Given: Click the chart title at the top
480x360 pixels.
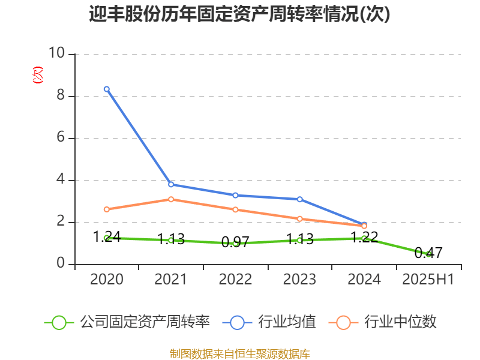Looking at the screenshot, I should [239, 14].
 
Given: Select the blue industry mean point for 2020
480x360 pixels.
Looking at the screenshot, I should [107, 89].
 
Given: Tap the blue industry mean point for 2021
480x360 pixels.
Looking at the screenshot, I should [171, 184].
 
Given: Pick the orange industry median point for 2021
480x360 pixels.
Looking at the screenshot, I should [171, 199].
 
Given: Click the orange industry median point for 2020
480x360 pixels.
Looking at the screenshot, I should [107, 209].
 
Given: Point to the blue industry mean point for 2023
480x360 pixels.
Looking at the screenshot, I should [300, 199].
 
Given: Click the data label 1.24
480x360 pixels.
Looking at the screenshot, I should [107, 237].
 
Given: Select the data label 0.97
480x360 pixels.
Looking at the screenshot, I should [235, 242].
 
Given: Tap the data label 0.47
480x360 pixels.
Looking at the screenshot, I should [428, 253].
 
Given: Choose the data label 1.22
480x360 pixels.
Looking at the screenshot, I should [364, 237].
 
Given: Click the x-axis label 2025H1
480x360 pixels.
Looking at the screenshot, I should [428, 280].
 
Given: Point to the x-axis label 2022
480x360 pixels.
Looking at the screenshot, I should [235, 280].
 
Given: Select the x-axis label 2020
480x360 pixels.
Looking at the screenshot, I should [107, 280].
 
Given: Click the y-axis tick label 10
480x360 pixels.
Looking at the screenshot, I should [58, 54].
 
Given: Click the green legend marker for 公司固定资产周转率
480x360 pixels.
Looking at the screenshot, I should [59, 322].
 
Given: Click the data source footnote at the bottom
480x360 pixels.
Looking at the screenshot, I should [239, 353].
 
